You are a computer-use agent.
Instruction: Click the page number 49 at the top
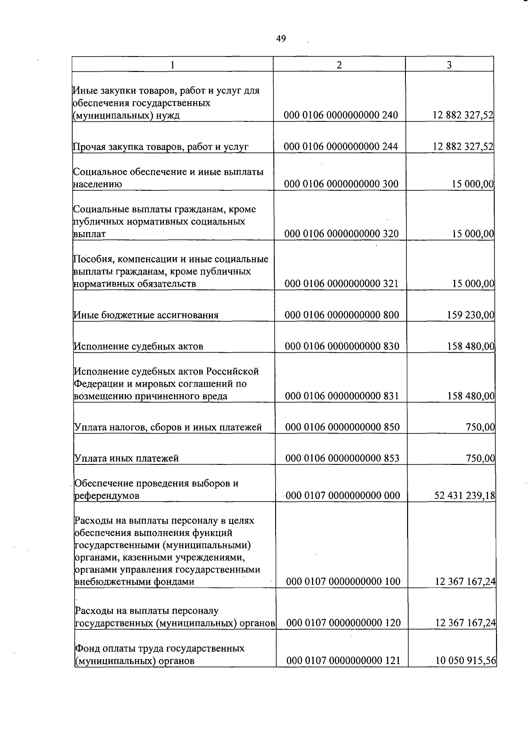[x=281, y=39]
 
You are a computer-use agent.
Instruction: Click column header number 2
[x=339, y=65]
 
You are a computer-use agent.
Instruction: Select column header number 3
[x=449, y=65]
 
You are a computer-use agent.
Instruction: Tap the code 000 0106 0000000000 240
[x=341, y=115]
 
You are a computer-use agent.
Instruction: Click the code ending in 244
[x=341, y=147]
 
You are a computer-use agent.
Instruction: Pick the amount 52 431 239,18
[x=465, y=495]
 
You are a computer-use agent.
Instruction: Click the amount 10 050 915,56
[x=466, y=661]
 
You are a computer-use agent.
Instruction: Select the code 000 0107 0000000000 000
[x=343, y=495]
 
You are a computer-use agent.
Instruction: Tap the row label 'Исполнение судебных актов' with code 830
[x=138, y=346]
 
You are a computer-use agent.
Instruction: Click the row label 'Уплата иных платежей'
[x=126, y=458]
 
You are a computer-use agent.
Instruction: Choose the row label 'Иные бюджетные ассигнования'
[x=146, y=315]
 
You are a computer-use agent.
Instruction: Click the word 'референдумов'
[x=107, y=496]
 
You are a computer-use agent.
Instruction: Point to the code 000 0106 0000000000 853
[x=342, y=458]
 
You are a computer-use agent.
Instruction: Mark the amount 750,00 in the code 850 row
[x=480, y=427]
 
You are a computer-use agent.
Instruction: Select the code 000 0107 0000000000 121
[x=343, y=661]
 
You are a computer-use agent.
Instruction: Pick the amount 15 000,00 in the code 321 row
[x=473, y=283]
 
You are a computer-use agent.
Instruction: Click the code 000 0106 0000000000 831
[x=342, y=396]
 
